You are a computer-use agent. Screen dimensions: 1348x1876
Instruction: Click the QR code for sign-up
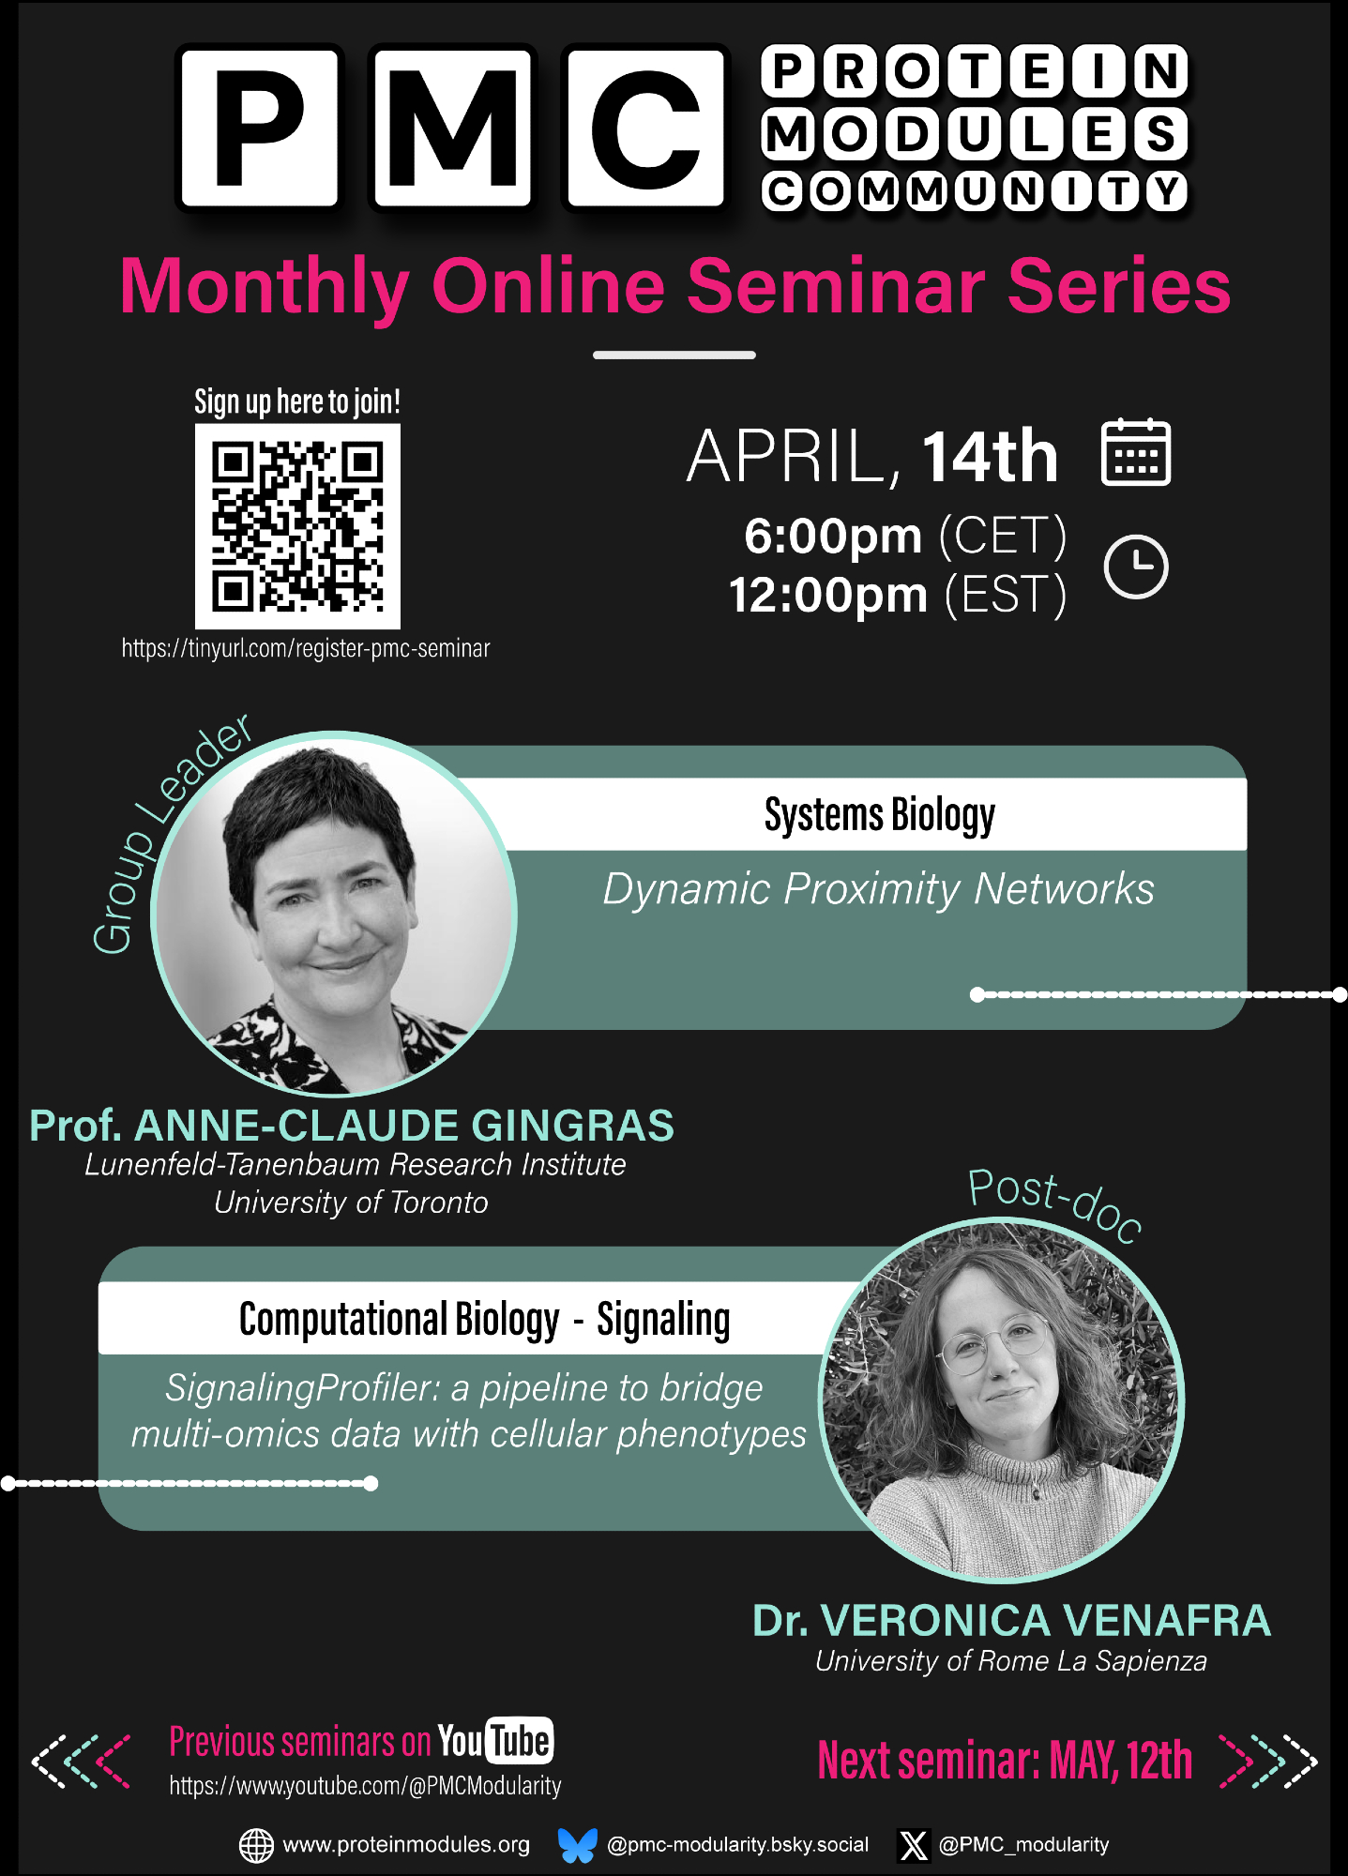coord(297,526)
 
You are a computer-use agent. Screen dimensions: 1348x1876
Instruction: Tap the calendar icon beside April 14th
coord(1136,452)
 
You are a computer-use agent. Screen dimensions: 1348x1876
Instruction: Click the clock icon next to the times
coord(1136,567)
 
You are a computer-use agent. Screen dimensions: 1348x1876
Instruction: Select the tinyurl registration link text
coord(306,648)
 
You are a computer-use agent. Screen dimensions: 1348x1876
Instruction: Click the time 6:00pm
coord(833,537)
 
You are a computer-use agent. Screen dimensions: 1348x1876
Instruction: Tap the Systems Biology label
coord(880,814)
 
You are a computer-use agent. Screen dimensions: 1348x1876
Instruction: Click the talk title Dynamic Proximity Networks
coord(878,889)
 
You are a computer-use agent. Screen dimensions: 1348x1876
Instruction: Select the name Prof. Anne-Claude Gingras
coord(352,1126)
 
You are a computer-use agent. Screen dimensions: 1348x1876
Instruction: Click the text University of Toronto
coord(351,1203)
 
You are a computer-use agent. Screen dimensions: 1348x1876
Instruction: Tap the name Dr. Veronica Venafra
coord(1011,1621)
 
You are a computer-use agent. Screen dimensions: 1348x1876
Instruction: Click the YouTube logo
coord(495,1741)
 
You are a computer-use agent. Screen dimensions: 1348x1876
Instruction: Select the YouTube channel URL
coord(365,1786)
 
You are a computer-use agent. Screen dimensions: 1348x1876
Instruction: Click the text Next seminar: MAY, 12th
coord(1005,1761)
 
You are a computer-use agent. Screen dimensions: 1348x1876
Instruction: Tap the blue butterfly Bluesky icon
coord(577,1844)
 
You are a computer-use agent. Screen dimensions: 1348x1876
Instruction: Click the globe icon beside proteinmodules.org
coord(256,1845)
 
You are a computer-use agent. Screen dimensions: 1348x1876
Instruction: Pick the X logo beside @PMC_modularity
coord(914,1845)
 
